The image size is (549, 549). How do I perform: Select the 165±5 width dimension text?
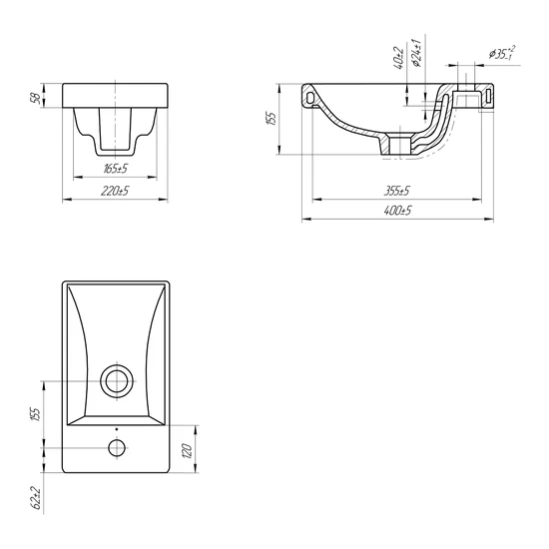coord(116,169)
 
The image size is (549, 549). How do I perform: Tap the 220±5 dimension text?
coord(115,192)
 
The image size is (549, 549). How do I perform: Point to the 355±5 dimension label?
coord(396,192)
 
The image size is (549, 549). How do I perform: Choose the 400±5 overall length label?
coord(397,211)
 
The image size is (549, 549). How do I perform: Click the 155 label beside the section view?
coord(273,119)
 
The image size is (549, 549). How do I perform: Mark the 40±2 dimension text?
coord(399,58)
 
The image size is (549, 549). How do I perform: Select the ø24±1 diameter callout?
coord(416,53)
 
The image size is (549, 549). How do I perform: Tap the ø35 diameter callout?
coord(502,53)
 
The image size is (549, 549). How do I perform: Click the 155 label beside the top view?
coord(36,414)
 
